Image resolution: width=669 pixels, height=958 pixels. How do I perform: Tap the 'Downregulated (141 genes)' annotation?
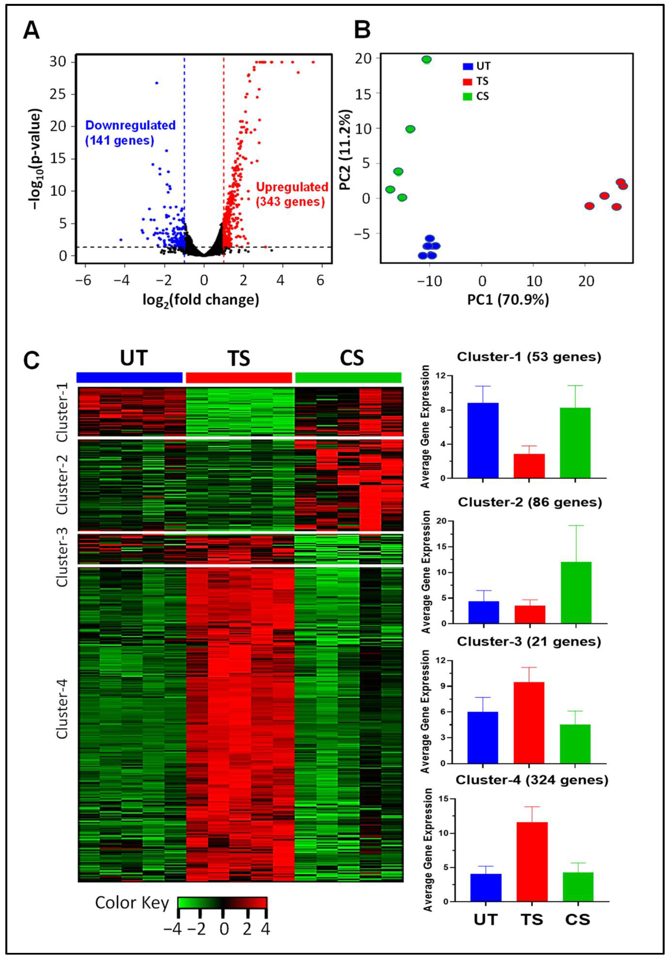(130, 133)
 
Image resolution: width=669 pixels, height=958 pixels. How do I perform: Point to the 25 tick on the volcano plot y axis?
(58, 94)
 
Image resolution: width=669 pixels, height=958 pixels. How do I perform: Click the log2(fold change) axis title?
(200, 300)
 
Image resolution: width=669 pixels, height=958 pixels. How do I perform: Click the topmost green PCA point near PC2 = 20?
(426, 60)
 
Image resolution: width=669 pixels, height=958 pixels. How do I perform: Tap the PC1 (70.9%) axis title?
(508, 300)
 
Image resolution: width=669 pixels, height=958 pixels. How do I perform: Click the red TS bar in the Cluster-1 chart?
(529, 466)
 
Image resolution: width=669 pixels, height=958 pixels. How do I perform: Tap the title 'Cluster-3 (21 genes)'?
(529, 642)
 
